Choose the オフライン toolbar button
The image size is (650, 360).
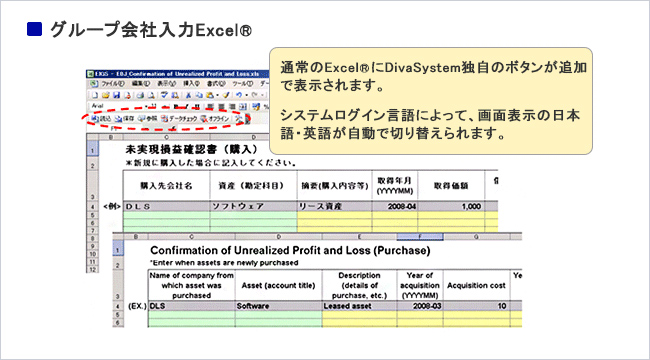click(220, 119)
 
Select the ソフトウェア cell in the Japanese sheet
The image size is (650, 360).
click(237, 205)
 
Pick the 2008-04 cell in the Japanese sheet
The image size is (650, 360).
click(388, 205)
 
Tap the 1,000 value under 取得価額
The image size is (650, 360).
click(444, 205)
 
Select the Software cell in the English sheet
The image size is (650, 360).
click(256, 307)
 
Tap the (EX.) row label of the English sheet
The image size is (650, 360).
click(135, 307)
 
